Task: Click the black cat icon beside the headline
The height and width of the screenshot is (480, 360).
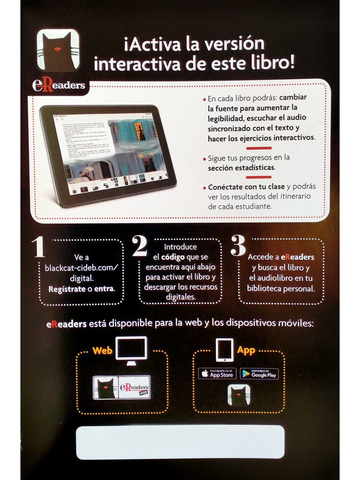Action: (x=58, y=50)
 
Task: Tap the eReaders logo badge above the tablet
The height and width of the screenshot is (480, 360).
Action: (x=59, y=86)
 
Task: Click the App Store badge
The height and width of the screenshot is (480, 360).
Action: (x=217, y=374)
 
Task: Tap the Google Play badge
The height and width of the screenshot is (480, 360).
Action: (x=259, y=374)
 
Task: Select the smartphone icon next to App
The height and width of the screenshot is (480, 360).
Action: (x=224, y=350)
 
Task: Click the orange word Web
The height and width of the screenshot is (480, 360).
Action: (x=102, y=351)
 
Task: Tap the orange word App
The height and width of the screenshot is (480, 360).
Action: (x=246, y=351)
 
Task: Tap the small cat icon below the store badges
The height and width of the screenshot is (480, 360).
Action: (x=239, y=396)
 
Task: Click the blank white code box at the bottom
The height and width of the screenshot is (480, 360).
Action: (x=180, y=442)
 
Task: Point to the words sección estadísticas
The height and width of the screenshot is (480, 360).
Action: (x=241, y=168)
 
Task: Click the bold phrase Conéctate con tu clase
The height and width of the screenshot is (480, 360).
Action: (x=246, y=187)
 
